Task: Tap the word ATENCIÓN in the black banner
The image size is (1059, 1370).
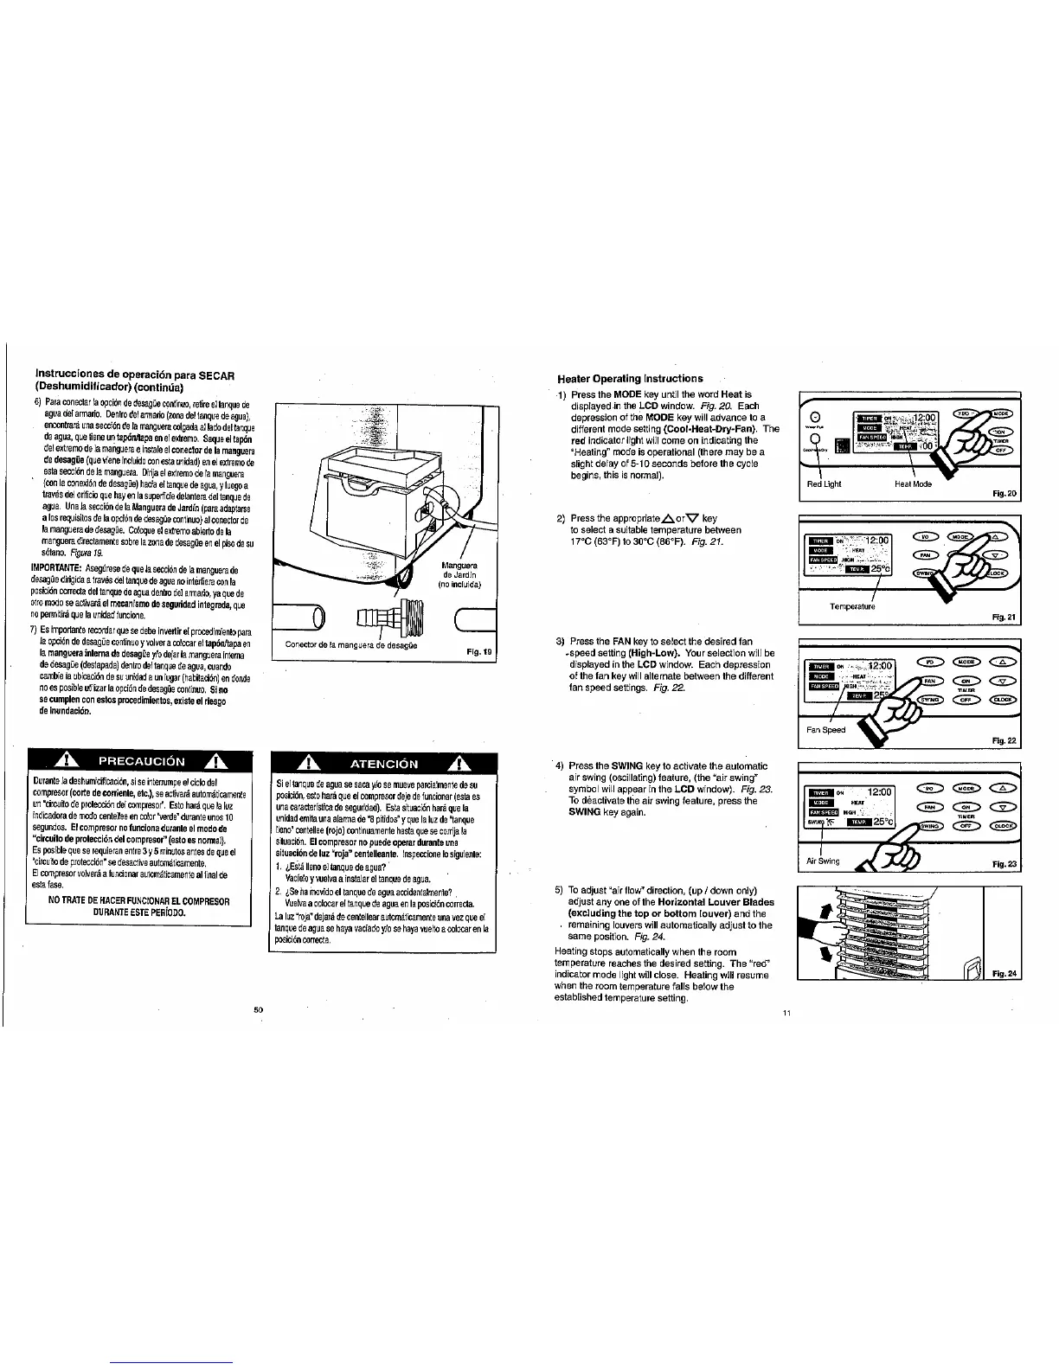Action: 382,764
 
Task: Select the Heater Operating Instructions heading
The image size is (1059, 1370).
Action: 630,378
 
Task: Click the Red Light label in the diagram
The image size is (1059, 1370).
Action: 824,484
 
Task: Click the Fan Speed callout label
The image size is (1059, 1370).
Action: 826,730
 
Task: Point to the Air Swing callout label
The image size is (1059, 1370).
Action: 823,861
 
